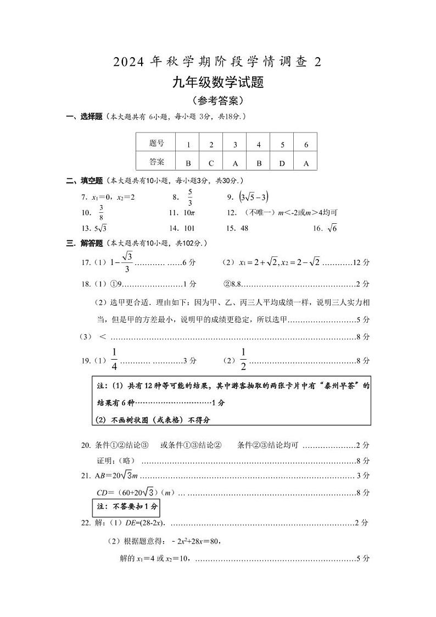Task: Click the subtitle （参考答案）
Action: pyautogui.click(x=218, y=101)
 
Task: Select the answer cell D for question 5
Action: pyautogui.click(x=282, y=163)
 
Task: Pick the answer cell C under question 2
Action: pyautogui.click(x=211, y=163)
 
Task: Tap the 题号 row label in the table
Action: pyautogui.click(x=156, y=144)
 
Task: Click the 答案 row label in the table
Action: pyautogui.click(x=156, y=162)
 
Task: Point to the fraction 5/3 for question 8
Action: pyautogui.click(x=190, y=197)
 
